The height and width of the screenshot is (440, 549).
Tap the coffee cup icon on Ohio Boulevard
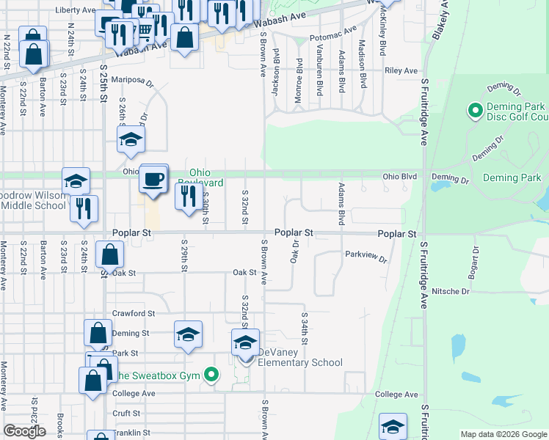pos(153,179)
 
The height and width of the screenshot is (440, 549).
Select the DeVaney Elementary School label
pos(299,362)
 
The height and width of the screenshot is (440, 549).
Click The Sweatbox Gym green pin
pos(212,375)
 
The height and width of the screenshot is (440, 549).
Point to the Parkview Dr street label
pos(365,256)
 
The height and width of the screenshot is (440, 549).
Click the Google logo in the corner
pos(24,431)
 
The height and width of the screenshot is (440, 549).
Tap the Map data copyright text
pos(503,434)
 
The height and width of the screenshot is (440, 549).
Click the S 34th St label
pos(304,327)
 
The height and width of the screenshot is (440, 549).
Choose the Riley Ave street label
pos(401,71)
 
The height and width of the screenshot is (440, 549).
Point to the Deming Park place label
pos(512,177)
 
